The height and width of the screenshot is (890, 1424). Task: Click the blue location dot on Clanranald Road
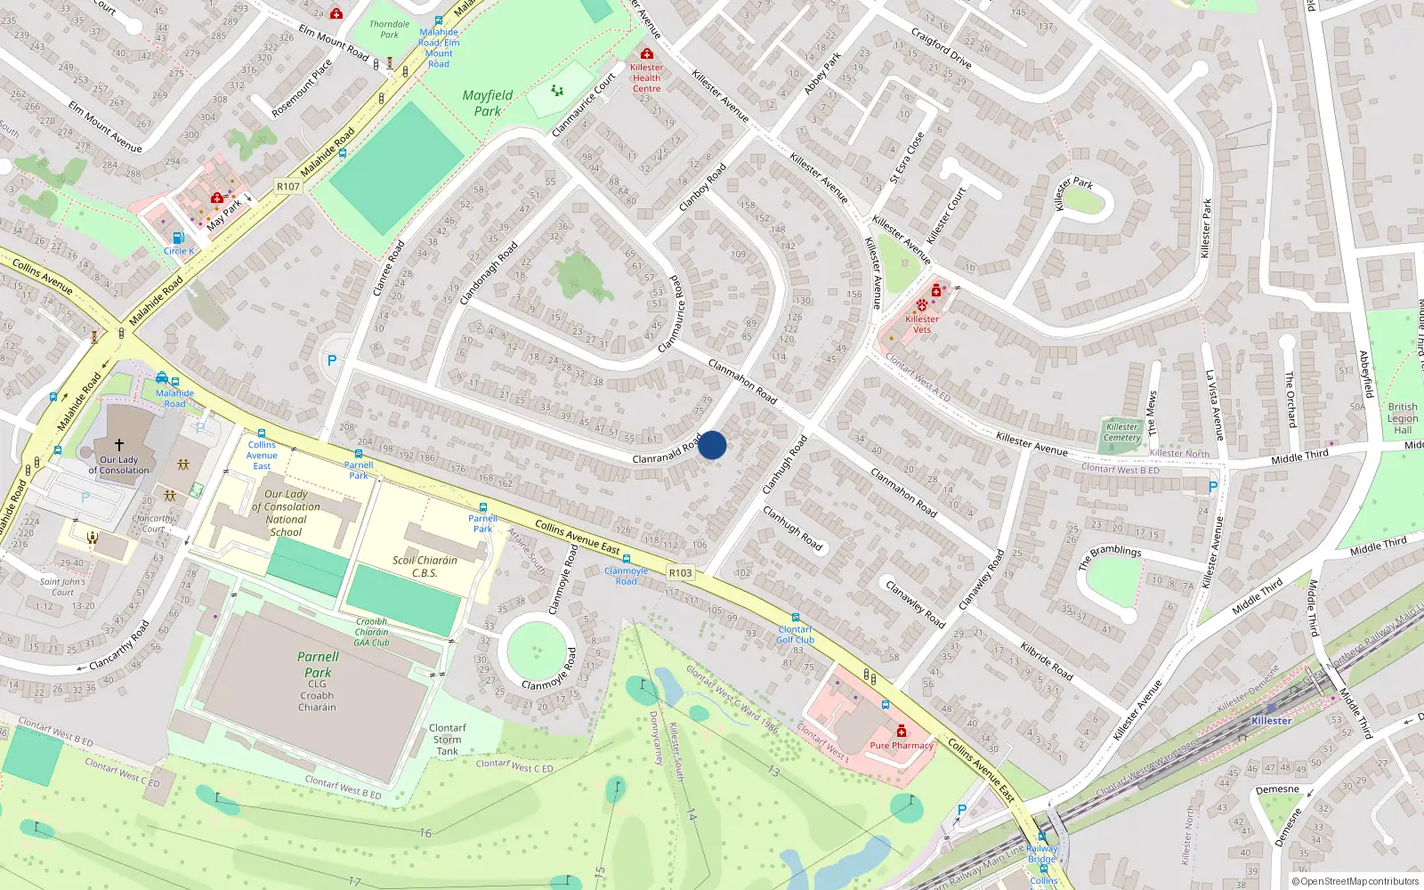click(x=712, y=445)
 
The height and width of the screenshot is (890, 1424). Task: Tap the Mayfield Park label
click(x=487, y=103)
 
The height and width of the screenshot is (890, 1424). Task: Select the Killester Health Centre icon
click(x=647, y=54)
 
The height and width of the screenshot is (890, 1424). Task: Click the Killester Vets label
click(x=921, y=324)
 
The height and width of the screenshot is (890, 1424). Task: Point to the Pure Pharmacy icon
click(x=901, y=731)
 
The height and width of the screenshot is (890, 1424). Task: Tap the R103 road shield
click(x=680, y=573)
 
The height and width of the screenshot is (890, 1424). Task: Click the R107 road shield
click(x=288, y=187)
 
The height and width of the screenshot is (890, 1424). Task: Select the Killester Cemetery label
click(x=1122, y=432)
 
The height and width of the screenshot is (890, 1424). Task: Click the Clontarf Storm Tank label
click(x=447, y=740)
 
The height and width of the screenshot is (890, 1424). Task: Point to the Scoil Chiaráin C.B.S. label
click(x=425, y=566)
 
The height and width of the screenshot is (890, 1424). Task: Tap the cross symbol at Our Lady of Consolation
click(x=119, y=443)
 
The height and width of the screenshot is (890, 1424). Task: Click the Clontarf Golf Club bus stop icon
click(x=795, y=618)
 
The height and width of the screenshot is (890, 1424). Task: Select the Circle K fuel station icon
click(x=178, y=238)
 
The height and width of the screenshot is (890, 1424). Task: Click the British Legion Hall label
click(x=1403, y=418)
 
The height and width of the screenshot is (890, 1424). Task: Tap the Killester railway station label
click(x=1271, y=721)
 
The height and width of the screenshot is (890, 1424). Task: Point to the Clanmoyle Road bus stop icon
click(x=627, y=559)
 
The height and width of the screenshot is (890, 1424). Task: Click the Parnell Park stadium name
click(x=318, y=664)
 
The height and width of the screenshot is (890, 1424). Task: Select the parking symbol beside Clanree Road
click(x=332, y=360)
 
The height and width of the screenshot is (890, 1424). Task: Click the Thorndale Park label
click(x=390, y=29)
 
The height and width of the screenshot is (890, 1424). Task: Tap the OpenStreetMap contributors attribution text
click(x=1355, y=881)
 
